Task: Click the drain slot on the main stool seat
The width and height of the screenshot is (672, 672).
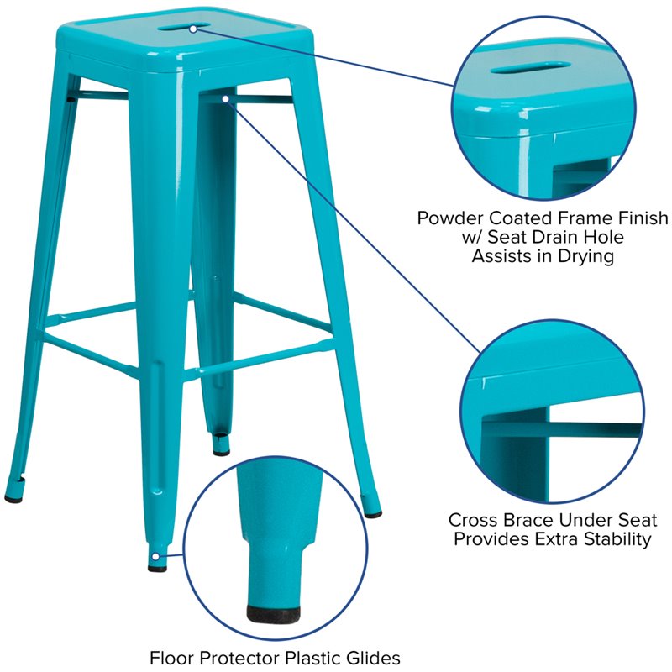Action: (x=184, y=27)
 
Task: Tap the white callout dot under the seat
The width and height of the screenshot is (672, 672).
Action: (x=226, y=99)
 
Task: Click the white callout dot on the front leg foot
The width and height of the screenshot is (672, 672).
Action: (x=156, y=557)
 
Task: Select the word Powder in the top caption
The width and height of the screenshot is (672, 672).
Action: (x=450, y=218)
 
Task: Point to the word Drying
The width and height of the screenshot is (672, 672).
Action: (x=585, y=257)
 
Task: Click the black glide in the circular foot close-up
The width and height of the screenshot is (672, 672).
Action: (x=274, y=615)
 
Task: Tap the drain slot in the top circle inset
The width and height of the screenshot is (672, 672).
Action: (x=531, y=68)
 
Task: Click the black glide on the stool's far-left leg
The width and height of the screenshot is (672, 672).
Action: (x=13, y=498)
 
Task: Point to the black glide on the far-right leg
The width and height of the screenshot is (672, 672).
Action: (x=373, y=513)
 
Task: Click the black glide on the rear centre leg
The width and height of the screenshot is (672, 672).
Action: (x=221, y=452)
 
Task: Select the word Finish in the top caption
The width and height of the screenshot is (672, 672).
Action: (x=643, y=218)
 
